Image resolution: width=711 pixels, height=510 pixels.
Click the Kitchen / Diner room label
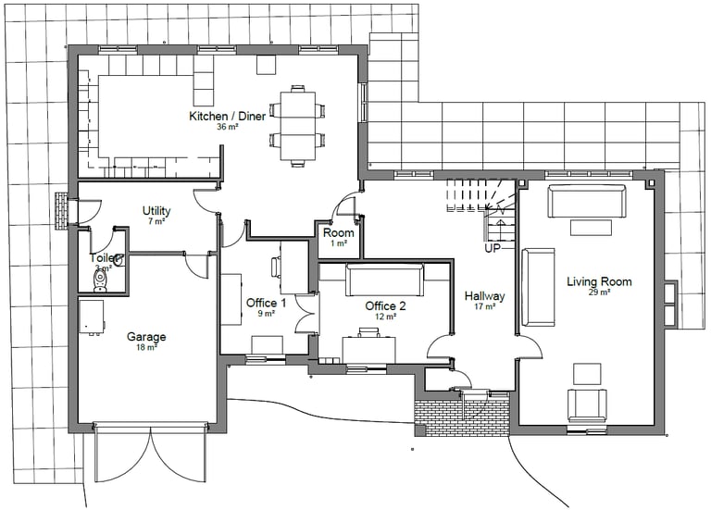tap(228, 116)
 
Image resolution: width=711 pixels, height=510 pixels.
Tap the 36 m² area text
tap(228, 127)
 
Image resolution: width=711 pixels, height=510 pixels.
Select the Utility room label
tap(156, 211)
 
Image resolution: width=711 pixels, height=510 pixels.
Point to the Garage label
tap(146, 337)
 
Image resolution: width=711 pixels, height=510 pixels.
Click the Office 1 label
tap(266, 303)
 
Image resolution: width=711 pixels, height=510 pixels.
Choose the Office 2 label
tap(385, 305)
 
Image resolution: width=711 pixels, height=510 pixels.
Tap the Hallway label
tap(484, 295)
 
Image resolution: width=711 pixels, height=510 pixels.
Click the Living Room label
tap(599, 281)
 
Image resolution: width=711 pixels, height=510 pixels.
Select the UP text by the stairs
tap(493, 249)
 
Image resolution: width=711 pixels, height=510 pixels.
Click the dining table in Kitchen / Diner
tap(296, 126)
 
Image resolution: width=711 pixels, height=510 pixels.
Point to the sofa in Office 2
tap(384, 280)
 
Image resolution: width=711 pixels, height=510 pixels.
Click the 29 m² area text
tap(599, 292)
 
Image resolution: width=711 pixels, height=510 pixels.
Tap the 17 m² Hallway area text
tap(484, 306)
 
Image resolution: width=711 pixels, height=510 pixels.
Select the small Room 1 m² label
tap(338, 232)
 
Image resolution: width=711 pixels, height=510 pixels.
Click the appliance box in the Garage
tap(92, 317)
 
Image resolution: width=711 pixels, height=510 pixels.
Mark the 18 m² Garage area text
tap(146, 348)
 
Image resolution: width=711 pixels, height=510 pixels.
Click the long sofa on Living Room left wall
tap(538, 287)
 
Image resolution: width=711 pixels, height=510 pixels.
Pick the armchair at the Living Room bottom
tap(587, 405)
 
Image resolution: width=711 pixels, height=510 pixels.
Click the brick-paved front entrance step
tap(462, 413)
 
